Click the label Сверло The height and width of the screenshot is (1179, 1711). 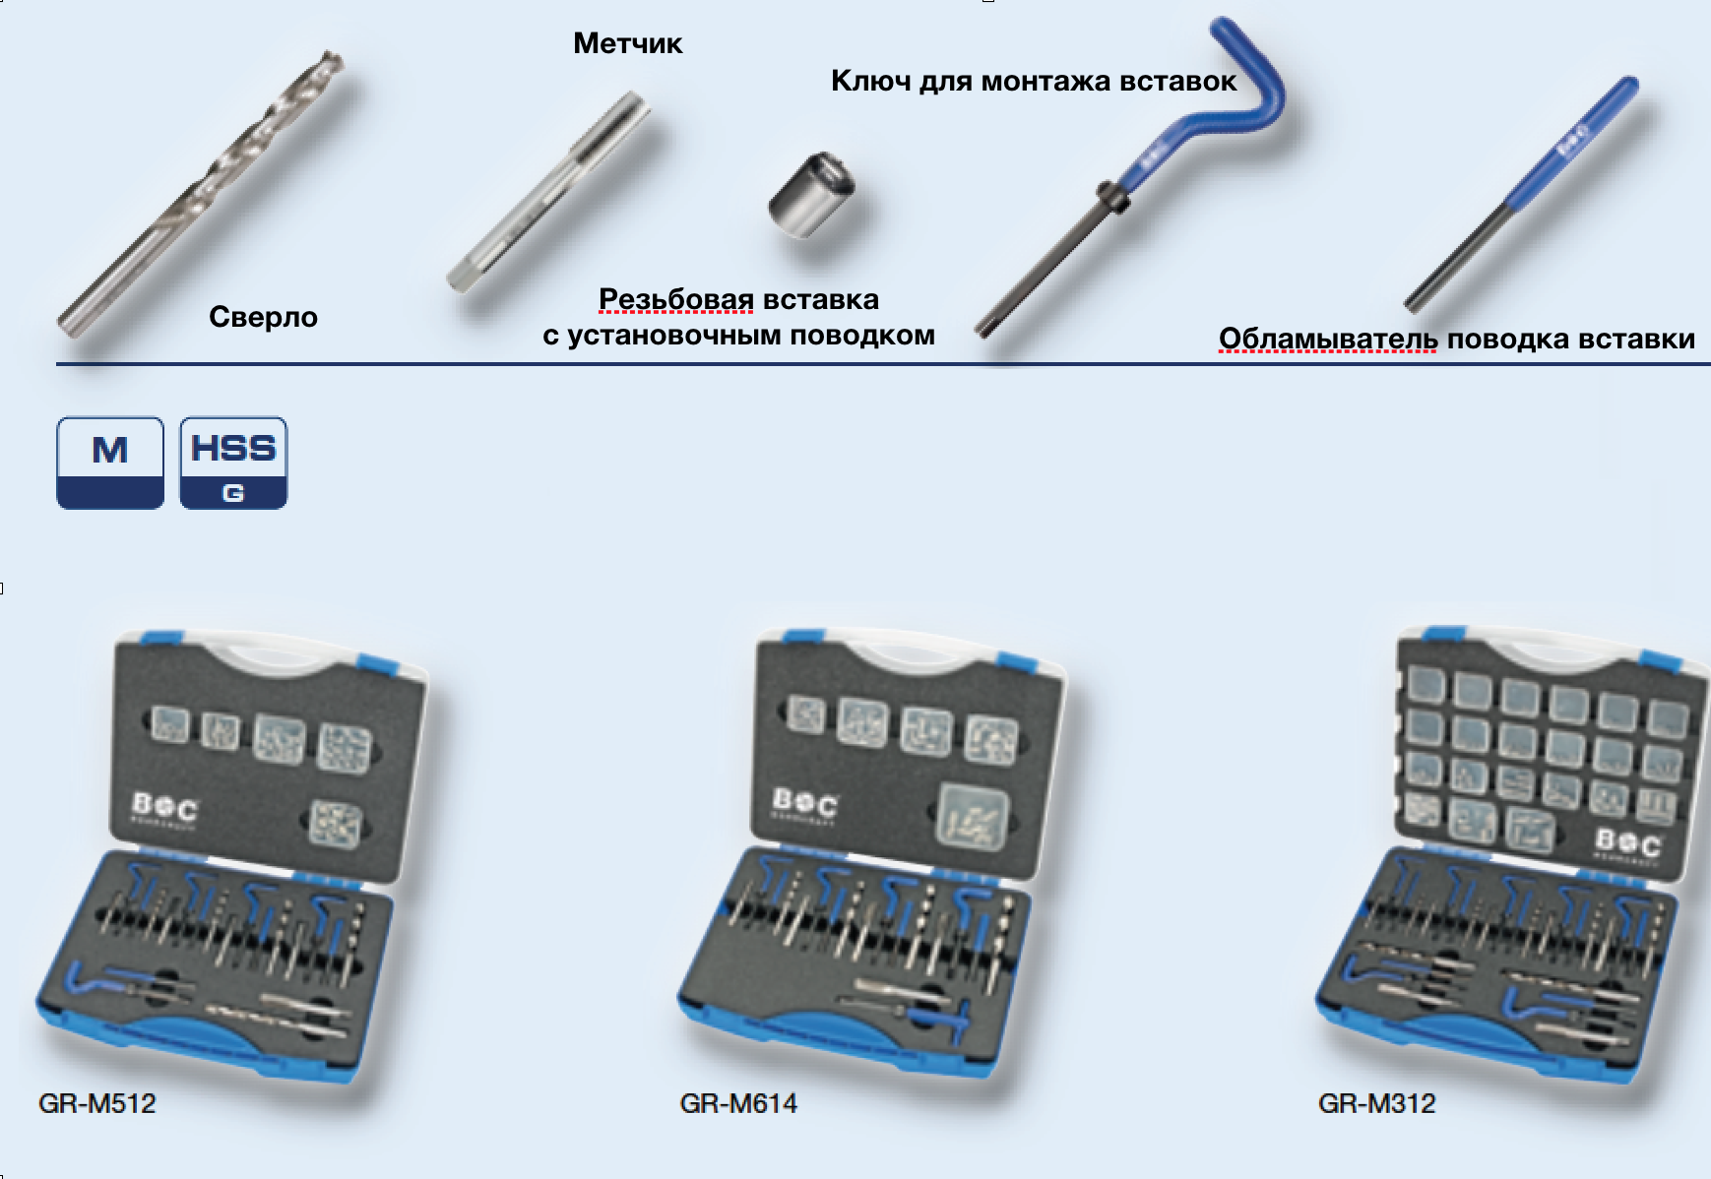(263, 317)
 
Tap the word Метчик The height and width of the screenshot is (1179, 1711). (627, 43)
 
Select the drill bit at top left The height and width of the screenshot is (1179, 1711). (201, 194)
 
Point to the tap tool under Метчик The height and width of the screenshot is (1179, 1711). (548, 192)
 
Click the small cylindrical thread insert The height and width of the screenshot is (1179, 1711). (811, 195)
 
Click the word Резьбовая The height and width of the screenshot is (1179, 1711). (676, 299)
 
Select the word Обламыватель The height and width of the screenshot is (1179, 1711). (1328, 340)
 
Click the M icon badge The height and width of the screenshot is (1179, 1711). (110, 463)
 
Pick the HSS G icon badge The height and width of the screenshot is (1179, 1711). (233, 463)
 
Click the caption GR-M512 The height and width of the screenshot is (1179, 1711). (97, 1103)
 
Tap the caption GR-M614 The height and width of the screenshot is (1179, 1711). (738, 1103)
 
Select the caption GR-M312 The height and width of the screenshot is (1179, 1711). (1376, 1103)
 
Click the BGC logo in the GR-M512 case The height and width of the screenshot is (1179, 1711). (164, 809)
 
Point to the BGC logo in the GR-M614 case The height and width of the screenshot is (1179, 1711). (805, 803)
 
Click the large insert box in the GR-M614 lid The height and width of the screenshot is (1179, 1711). (974, 816)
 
